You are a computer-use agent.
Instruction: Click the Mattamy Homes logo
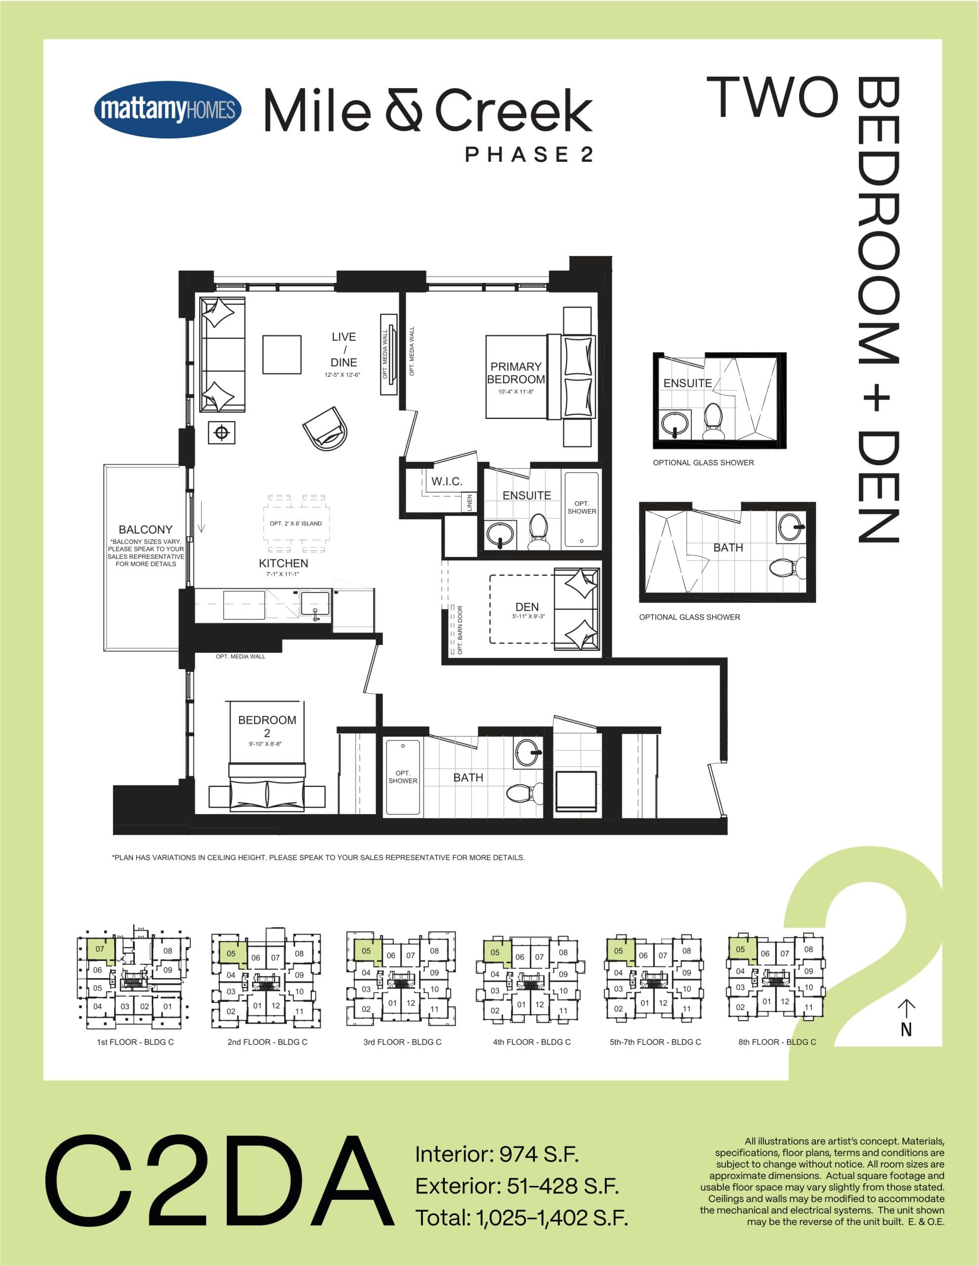tap(168, 110)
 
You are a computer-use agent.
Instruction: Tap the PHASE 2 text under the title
tap(529, 155)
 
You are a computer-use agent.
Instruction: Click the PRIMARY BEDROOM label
tap(515, 373)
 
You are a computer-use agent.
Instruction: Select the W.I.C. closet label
tap(447, 481)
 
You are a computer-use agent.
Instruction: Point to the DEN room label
tap(527, 607)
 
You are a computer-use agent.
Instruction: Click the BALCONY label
tap(145, 529)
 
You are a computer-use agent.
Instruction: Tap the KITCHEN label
tap(283, 563)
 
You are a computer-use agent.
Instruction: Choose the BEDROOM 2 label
tap(266, 726)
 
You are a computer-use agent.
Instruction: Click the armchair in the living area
tap(326, 428)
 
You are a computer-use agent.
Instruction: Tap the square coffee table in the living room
tap(282, 355)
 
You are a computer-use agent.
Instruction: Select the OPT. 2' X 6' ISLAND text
tap(296, 523)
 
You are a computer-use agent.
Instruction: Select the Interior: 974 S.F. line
tap(497, 1155)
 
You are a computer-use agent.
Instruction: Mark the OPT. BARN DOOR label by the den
tap(460, 630)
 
